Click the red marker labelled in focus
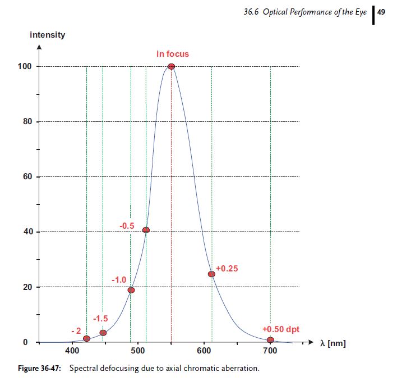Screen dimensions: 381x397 tap(171, 66)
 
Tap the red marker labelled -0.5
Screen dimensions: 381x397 tap(146, 230)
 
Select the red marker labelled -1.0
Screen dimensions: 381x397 tap(131, 290)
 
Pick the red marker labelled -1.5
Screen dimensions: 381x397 tap(103, 333)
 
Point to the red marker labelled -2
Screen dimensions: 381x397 tap(86, 338)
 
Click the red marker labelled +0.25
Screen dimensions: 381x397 tap(211, 274)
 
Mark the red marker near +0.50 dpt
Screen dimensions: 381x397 tap(270, 339)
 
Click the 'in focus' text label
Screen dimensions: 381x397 tap(173, 54)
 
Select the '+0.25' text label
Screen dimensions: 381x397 tap(227, 269)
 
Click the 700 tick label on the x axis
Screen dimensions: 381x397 tap(270, 351)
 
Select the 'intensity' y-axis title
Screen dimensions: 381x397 tap(47, 35)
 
